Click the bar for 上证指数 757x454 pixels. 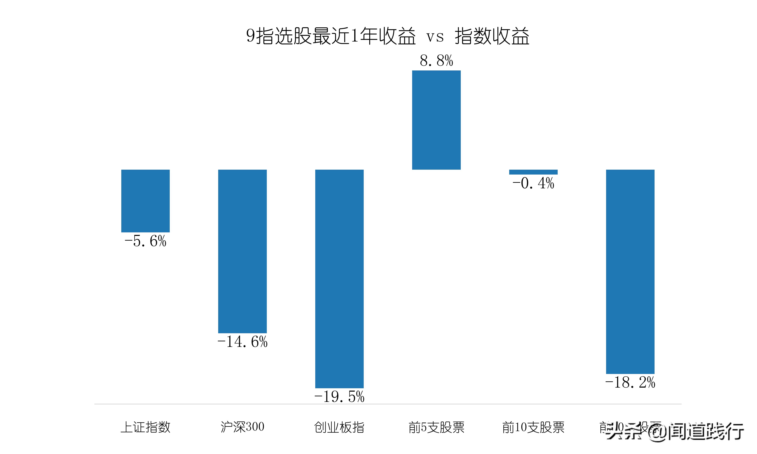[145, 201]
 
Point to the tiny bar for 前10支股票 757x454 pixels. [533, 172]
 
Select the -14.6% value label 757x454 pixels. [242, 342]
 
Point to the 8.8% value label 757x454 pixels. [436, 61]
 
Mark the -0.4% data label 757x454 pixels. [533, 183]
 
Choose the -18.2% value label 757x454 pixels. [630, 382]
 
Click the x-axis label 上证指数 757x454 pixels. [145, 427]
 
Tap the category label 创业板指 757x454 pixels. [339, 427]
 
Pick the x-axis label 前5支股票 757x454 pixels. [436, 427]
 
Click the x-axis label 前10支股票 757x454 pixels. [533, 427]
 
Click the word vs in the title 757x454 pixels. [435, 37]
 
